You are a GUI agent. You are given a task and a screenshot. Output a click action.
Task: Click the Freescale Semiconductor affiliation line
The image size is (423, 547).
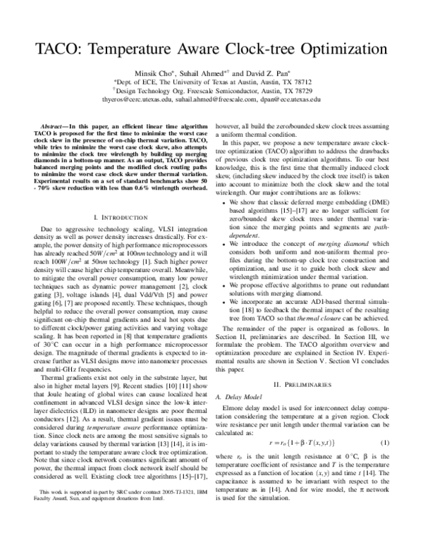click(x=212, y=91)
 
